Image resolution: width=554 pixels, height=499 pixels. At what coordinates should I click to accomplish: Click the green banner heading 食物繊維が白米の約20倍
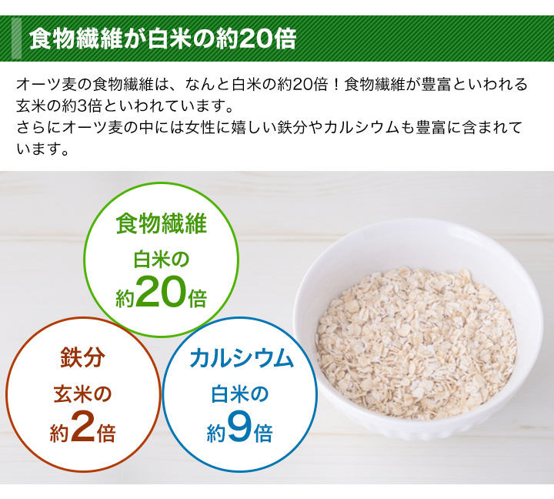pos(162,39)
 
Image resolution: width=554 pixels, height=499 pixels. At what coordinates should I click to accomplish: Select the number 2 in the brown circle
pos(83,427)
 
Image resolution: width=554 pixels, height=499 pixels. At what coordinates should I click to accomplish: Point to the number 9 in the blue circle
pos(240,427)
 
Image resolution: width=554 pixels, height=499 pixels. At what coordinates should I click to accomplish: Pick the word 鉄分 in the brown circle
pos(82,358)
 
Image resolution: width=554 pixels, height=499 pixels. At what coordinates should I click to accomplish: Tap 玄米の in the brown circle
pos(82,394)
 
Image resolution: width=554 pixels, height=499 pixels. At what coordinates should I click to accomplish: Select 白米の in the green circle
pos(162,258)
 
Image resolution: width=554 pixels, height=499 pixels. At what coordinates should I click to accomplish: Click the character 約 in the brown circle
pos(58,434)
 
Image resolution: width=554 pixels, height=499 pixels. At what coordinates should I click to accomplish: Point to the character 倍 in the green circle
pos(198,299)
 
